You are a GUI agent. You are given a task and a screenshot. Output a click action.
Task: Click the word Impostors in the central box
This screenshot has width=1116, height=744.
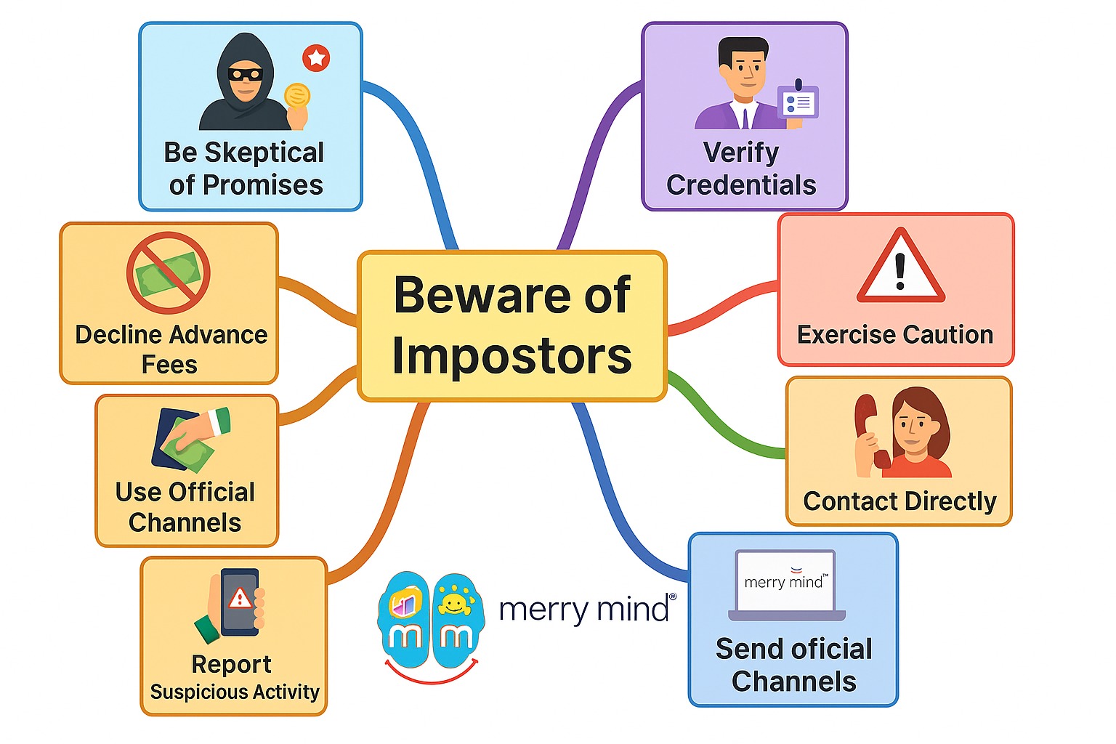511,356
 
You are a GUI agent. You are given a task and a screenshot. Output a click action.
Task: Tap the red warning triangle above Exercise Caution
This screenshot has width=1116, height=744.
900,267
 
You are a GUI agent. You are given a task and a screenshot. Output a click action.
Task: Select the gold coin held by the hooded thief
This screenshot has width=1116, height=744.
296,96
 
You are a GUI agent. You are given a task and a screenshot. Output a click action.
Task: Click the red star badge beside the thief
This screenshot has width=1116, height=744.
316,58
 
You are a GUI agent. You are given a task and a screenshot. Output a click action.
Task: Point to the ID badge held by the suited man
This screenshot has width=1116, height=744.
798,103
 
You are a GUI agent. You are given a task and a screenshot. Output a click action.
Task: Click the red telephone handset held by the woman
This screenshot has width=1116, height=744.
870,432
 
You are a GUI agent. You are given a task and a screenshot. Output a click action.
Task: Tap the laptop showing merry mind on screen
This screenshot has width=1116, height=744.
785,586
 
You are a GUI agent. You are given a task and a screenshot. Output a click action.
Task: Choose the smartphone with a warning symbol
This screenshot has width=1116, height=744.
239,602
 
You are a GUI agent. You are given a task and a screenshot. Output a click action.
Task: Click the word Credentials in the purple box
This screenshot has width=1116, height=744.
741,185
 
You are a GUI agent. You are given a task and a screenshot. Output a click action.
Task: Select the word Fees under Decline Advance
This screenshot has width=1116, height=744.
169,364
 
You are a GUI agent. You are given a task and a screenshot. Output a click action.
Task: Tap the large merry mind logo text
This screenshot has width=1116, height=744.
586,609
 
